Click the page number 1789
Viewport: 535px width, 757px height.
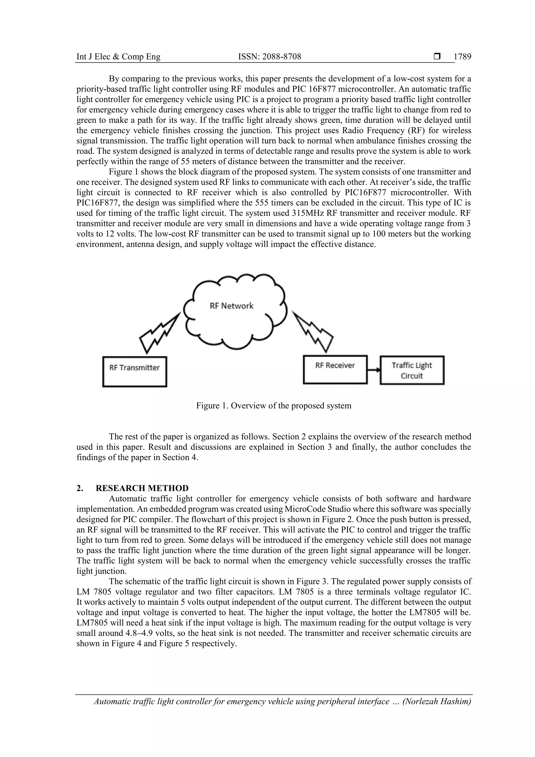pos(462,57)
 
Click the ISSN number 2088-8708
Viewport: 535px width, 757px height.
pos(269,57)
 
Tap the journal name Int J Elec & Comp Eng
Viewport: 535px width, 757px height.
pos(118,57)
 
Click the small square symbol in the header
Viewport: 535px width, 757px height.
pos(437,57)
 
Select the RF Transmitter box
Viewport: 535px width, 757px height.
pos(135,371)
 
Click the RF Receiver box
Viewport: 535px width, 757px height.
pos(335,369)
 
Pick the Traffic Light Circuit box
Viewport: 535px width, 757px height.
pos(412,370)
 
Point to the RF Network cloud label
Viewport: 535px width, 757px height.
pos(231,306)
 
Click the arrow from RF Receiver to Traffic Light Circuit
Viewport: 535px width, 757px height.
pos(374,370)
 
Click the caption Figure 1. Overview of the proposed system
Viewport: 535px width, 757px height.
pos(274,406)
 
